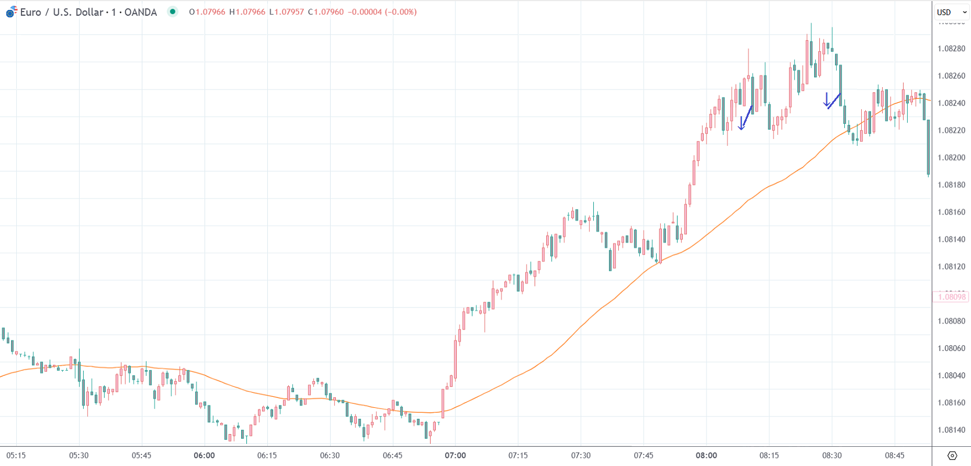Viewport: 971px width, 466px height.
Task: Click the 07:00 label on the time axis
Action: coord(455,456)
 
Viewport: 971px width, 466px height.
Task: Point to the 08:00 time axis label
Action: coord(706,456)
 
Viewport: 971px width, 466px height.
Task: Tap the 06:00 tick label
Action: coord(204,456)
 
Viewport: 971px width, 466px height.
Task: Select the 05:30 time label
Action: coord(78,456)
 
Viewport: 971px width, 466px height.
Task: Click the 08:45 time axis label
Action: coord(894,456)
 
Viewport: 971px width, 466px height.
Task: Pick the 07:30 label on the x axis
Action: coord(581,456)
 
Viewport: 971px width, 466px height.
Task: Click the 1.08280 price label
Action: coord(951,49)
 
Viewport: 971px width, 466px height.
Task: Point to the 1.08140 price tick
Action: coord(951,239)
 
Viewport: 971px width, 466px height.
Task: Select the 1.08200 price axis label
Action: coord(951,157)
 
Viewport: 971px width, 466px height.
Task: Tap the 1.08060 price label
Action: coord(951,348)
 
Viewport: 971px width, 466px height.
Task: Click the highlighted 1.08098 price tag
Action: coord(951,297)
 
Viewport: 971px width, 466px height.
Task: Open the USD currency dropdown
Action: coord(951,12)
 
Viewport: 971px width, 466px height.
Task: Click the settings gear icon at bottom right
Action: coord(952,456)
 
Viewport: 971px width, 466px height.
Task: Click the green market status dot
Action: coord(173,12)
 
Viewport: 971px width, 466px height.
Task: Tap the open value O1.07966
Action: coord(207,12)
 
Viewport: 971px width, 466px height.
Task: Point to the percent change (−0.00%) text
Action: coord(400,12)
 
